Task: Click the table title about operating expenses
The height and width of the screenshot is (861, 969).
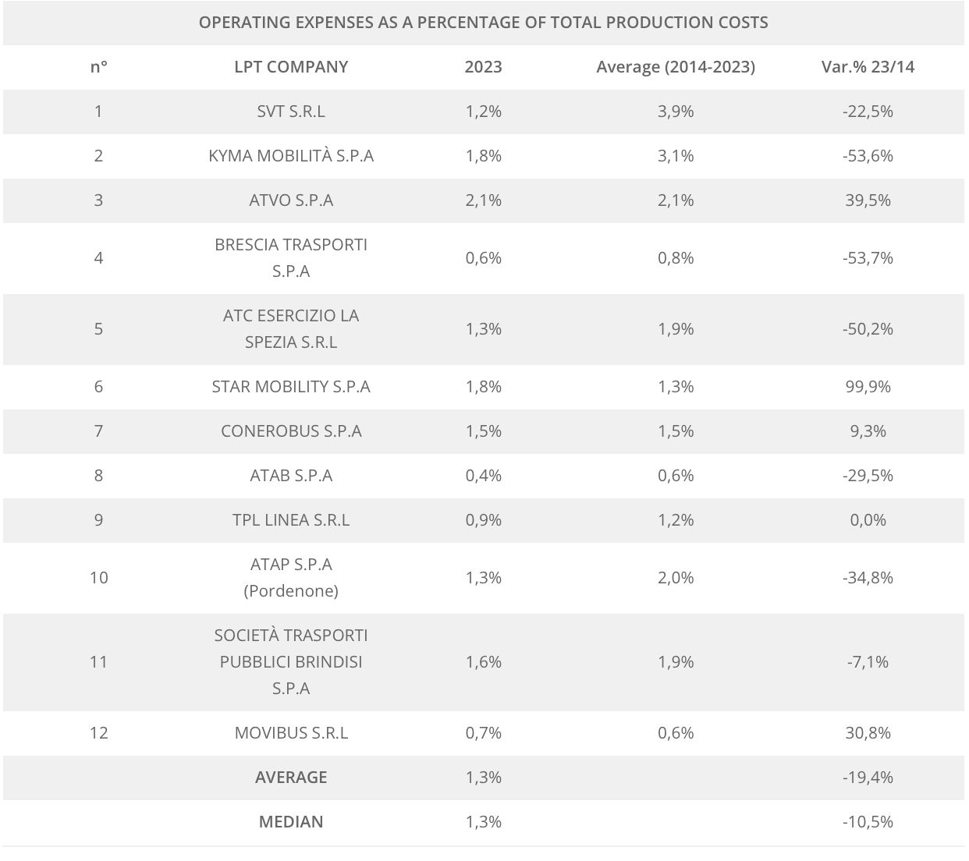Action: tap(483, 22)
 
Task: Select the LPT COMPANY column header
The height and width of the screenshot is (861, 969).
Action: tap(291, 67)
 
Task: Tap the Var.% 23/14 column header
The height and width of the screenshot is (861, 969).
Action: tap(868, 67)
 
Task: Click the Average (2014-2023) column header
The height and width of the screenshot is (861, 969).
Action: tap(676, 67)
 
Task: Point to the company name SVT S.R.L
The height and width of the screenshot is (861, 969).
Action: tap(291, 112)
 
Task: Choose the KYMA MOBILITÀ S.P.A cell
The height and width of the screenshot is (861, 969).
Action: tap(291, 156)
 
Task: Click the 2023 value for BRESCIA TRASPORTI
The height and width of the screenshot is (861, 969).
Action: tap(483, 258)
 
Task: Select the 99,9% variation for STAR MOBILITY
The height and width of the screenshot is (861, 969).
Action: tap(868, 387)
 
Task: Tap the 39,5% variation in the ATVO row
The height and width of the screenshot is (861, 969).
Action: tap(868, 200)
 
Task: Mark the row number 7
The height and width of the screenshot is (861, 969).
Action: tap(98, 431)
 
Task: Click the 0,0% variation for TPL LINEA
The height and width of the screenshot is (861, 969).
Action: tap(868, 520)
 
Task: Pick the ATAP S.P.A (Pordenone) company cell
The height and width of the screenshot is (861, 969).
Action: tap(291, 577)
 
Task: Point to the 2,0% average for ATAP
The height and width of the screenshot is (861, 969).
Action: tap(676, 578)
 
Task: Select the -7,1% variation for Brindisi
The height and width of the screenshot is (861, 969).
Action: tap(868, 662)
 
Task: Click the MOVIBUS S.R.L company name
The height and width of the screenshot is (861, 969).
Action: tap(291, 733)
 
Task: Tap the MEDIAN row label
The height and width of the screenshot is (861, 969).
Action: tap(291, 822)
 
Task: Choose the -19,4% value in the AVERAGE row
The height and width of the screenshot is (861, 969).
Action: tap(868, 778)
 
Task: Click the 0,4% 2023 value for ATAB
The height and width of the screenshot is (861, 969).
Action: tap(483, 476)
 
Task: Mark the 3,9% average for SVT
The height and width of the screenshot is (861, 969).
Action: tap(676, 112)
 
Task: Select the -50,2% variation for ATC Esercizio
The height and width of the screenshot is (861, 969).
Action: tap(868, 329)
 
